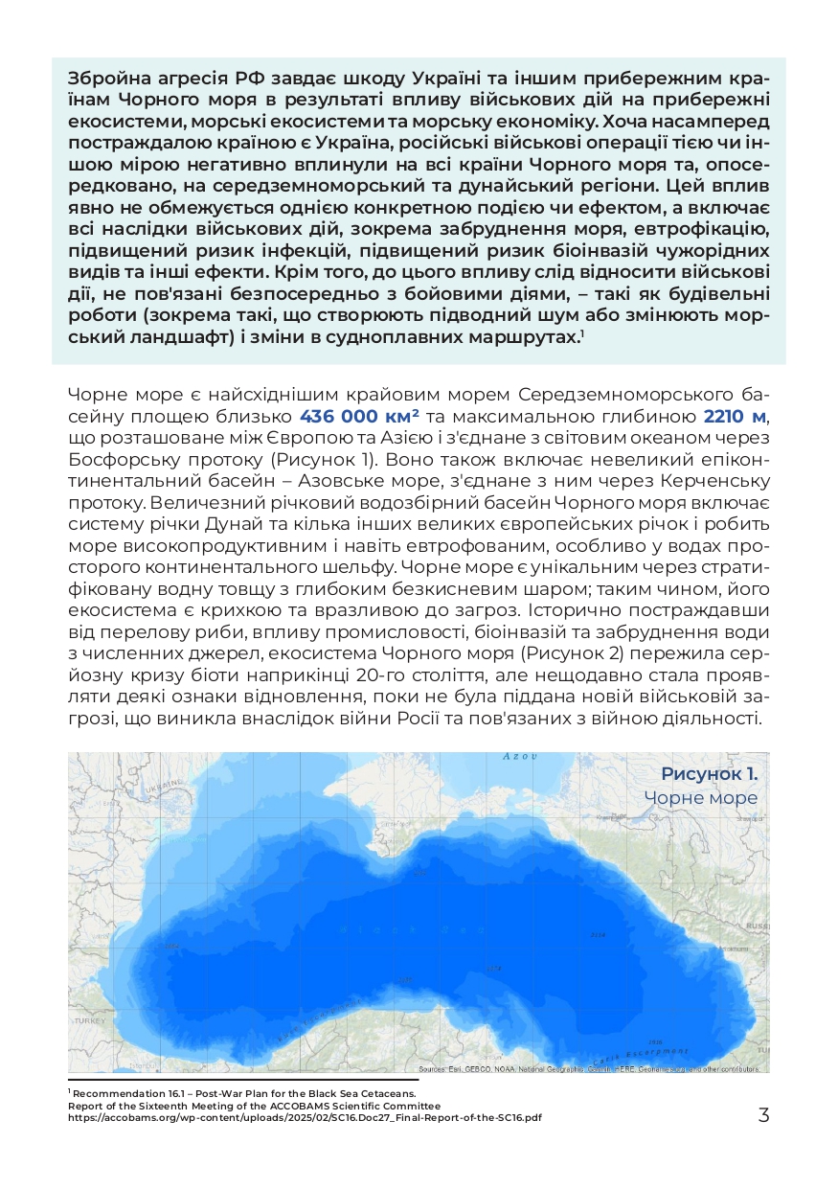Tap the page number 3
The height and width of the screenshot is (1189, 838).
coord(763,1115)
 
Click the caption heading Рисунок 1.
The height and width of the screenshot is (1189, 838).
coord(709,773)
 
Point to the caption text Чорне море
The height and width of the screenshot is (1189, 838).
coord(700,798)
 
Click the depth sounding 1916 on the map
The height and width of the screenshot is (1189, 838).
coord(655,1041)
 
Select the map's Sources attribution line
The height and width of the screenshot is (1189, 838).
coord(588,1069)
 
